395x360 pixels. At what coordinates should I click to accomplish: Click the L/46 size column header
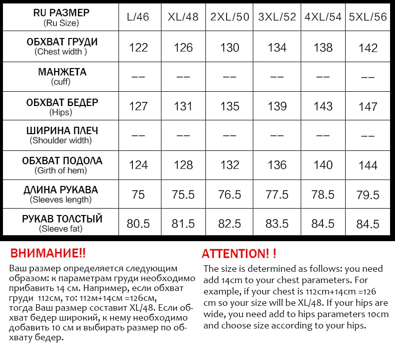pyautogui.click(x=138, y=17)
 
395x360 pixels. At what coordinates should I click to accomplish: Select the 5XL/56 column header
pyautogui.click(x=368, y=17)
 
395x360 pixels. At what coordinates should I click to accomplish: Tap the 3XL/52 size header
pyautogui.click(x=277, y=17)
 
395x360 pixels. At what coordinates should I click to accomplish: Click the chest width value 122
pyautogui.click(x=138, y=47)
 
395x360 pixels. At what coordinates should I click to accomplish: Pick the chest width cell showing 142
pyautogui.click(x=368, y=48)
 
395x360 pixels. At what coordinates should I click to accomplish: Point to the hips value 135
pyautogui.click(x=230, y=107)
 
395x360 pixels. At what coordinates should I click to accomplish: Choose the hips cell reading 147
pyautogui.click(x=368, y=107)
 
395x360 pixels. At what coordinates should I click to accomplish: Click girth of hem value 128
pyautogui.click(x=183, y=165)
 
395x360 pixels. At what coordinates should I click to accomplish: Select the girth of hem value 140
pyautogui.click(x=323, y=165)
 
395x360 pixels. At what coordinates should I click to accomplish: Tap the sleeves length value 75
pyautogui.click(x=138, y=195)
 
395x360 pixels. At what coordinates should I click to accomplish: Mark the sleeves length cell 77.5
pyautogui.click(x=277, y=195)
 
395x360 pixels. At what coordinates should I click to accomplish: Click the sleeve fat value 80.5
pyautogui.click(x=138, y=224)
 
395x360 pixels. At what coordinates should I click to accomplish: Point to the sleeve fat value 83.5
pyautogui.click(x=277, y=224)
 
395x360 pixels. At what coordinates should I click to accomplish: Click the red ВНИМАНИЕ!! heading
pyautogui.click(x=48, y=253)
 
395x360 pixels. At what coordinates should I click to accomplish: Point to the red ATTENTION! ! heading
pyautogui.click(x=239, y=254)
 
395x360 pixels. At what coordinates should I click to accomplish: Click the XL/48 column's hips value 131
pyautogui.click(x=183, y=107)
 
